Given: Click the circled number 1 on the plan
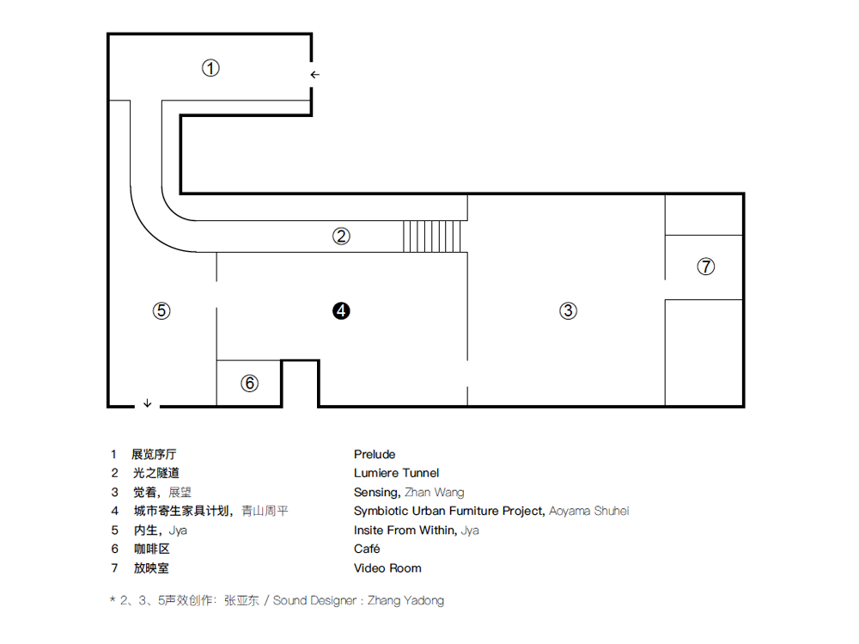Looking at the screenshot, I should [x=210, y=68].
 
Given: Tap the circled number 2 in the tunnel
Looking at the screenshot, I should [x=342, y=236].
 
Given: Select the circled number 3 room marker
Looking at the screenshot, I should [x=568, y=311].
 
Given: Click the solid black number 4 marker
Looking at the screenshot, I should [x=342, y=311].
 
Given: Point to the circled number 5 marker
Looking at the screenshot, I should [x=161, y=311].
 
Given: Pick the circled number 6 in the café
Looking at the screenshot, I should [x=249, y=383].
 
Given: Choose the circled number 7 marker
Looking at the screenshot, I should [x=705, y=267].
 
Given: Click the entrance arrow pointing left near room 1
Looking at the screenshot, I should [x=315, y=75].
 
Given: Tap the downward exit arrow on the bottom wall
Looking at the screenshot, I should [x=148, y=402].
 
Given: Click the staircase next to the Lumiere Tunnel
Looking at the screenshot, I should [x=433, y=236].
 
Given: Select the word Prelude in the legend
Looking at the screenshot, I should [x=375, y=454].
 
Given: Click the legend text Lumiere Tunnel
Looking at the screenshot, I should [x=396, y=473].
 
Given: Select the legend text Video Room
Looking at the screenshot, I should [x=387, y=567].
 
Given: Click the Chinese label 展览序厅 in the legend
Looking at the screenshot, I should [x=154, y=454].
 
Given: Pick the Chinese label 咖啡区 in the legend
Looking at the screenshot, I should [x=148, y=549].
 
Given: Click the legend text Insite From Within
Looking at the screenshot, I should [x=405, y=530].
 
